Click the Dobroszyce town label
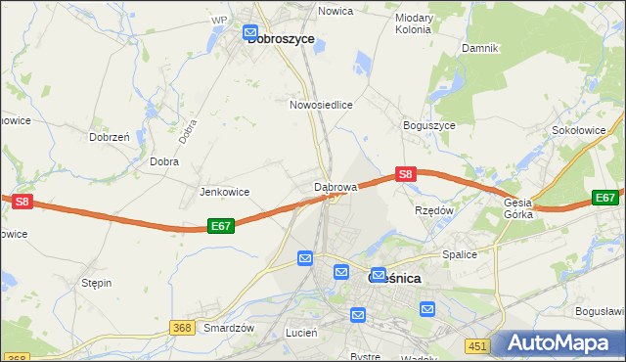281,39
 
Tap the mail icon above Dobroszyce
251,32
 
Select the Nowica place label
335,11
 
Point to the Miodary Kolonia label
413,23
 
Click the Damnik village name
480,48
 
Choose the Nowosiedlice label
321,104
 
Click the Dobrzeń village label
110,138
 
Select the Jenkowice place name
224,192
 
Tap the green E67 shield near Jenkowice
221,226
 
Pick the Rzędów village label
434,210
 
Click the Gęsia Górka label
518,208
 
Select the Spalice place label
459,254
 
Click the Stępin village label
97,283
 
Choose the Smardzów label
229,329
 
